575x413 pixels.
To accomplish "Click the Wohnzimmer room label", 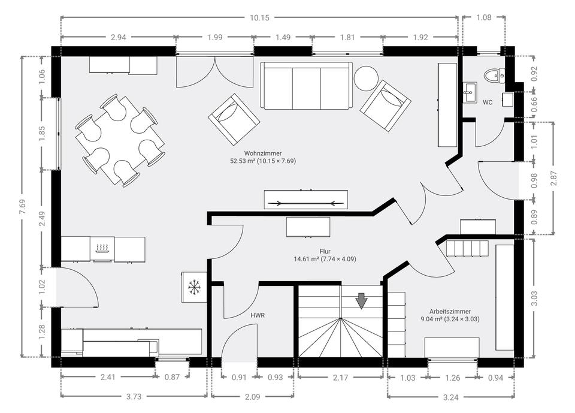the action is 263,153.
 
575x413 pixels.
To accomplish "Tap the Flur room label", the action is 325,252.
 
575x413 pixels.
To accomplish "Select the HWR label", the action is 258,315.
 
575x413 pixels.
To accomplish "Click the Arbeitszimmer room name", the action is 450,312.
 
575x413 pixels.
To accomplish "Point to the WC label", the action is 488,103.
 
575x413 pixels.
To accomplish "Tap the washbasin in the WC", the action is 470,92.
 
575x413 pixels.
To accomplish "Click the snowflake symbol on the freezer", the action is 193,287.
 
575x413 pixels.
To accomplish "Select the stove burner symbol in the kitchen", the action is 102,249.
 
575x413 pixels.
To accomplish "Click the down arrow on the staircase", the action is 362,301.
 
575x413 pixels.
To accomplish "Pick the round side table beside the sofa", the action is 366,78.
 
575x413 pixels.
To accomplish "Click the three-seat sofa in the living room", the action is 307,86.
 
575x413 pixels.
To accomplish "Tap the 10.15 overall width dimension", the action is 259,17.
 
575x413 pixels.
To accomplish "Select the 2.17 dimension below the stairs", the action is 340,378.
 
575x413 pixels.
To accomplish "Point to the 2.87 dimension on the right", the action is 553,178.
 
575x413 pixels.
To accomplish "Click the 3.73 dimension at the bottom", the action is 134,396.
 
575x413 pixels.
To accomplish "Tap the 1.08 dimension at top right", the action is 484,17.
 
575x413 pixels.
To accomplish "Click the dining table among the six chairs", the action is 120,140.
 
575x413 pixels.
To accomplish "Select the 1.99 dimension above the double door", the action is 215,37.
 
